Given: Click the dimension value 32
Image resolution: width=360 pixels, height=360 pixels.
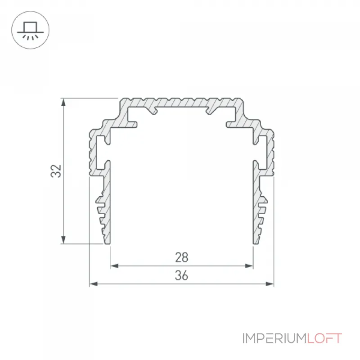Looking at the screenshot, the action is coord(56,171).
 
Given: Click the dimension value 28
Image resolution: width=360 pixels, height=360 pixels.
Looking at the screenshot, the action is coord(182,257).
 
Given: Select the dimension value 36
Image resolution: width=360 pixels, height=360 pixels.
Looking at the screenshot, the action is coord(181,275).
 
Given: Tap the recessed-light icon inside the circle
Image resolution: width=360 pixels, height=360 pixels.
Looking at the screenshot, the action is coord(30,31).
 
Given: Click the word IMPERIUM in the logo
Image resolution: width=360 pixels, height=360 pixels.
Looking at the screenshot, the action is coord(274,338).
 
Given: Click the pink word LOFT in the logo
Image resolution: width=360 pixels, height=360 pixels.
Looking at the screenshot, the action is coord(324,338).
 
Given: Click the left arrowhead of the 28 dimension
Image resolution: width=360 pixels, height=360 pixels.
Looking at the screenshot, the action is coord(114,266).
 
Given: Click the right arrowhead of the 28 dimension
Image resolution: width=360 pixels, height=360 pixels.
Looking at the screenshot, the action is coord(249,266).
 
